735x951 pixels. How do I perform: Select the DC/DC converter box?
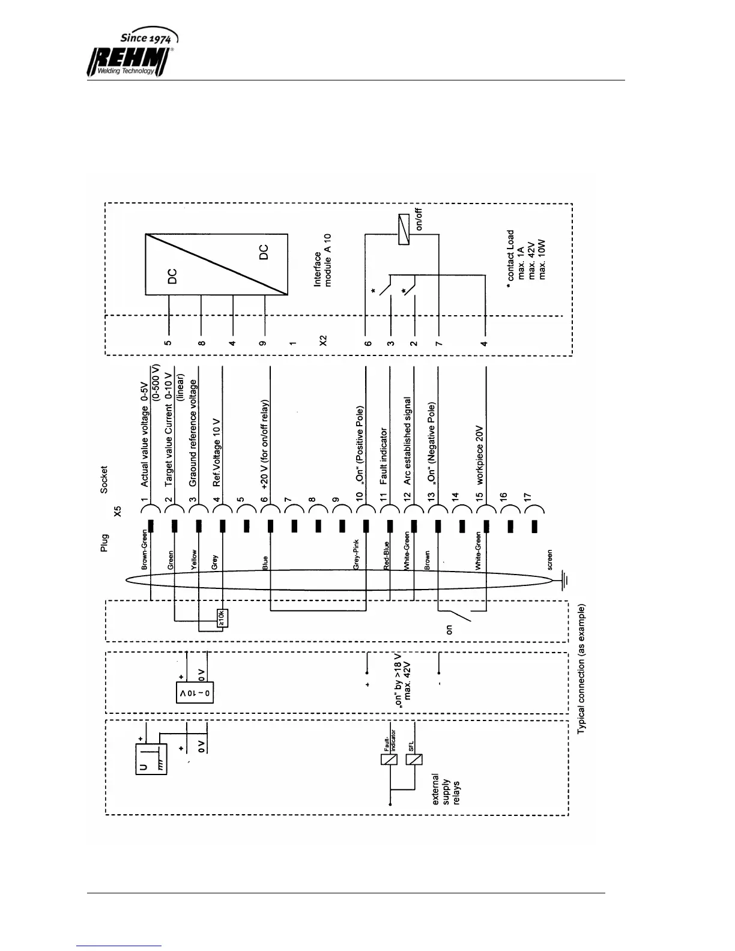click(216, 264)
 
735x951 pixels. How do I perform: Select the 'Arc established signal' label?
click(408, 441)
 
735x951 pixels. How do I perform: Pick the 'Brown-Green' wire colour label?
click(144, 549)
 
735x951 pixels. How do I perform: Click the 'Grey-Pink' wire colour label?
click(356, 554)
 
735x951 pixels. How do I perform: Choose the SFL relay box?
click(414, 759)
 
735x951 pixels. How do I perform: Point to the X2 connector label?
click(323, 340)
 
